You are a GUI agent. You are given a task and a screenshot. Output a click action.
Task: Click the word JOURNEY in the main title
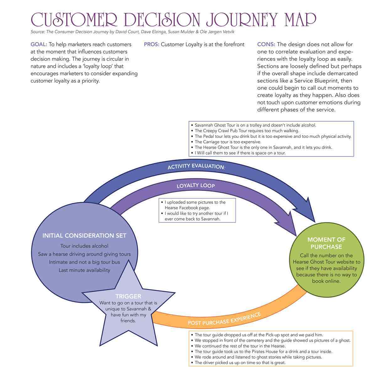[242, 19]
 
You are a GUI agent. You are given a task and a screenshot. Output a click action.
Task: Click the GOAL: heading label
[39, 45]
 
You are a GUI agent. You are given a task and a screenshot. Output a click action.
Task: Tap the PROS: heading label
[152, 45]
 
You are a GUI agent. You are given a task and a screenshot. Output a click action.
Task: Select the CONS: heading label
[266, 45]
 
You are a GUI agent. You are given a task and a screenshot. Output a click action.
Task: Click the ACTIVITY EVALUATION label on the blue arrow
[196, 166]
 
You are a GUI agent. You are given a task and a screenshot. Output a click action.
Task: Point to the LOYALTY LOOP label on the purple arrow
[195, 186]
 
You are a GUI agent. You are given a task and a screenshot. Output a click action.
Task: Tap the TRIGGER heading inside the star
[128, 296]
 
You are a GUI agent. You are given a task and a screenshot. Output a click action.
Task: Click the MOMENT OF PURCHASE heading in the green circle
[326, 243]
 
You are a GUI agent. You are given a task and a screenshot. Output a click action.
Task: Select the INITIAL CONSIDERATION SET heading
[84, 236]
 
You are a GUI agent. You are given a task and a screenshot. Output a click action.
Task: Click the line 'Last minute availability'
[84, 270]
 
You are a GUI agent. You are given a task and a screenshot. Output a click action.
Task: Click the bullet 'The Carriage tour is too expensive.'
[228, 142]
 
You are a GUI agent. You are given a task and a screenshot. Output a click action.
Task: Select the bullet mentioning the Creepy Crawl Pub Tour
[247, 131]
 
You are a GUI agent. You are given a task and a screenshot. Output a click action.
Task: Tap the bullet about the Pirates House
[263, 351]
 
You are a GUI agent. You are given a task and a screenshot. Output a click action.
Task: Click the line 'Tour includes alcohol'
[84, 246]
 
